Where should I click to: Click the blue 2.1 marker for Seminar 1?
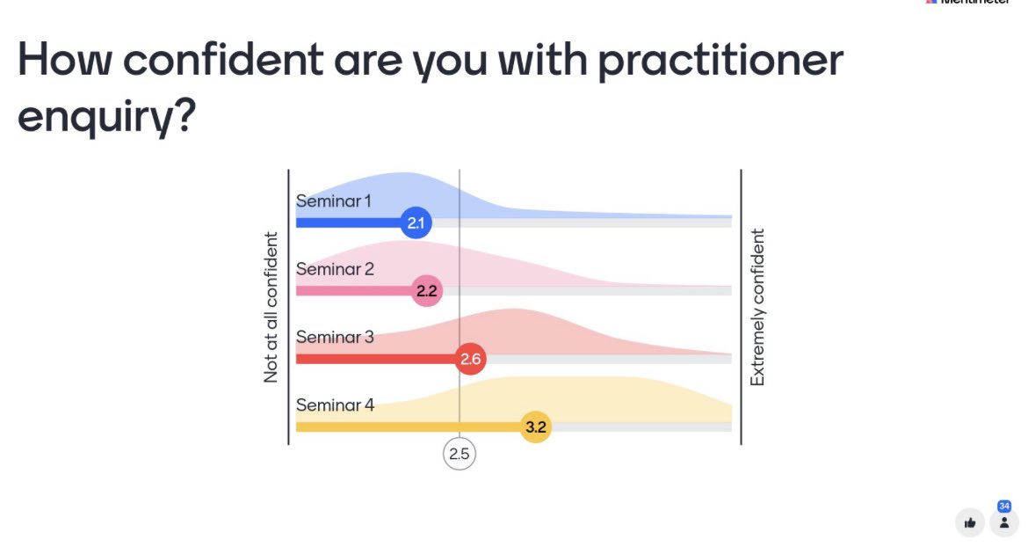[x=416, y=222]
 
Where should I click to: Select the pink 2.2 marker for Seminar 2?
[x=426, y=290]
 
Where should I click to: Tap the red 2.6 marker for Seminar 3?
[x=471, y=359]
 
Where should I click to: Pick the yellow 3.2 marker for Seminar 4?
[x=535, y=427]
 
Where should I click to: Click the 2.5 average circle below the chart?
[x=459, y=455]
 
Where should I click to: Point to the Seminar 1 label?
[x=333, y=201]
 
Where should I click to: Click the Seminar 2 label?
[x=335, y=269]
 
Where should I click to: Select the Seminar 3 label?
[x=335, y=337]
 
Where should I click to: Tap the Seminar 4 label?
[x=335, y=405]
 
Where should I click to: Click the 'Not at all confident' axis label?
[x=271, y=307]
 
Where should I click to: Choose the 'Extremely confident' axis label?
[x=757, y=307]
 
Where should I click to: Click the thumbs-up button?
[x=970, y=522]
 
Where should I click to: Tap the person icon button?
[x=1004, y=522]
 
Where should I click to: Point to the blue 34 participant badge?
[x=1004, y=507]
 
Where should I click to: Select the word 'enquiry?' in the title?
[x=105, y=117]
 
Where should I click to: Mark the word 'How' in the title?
[x=65, y=62]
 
